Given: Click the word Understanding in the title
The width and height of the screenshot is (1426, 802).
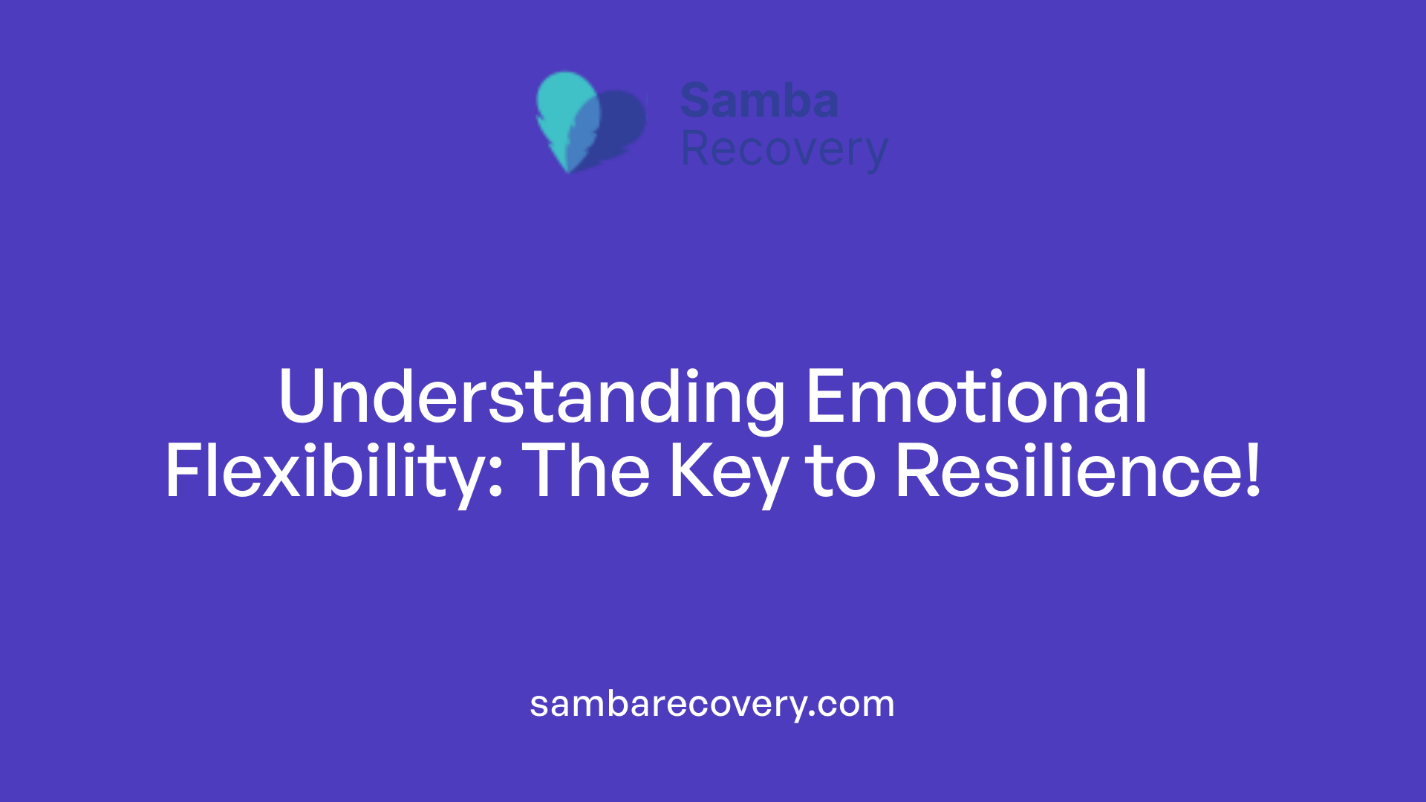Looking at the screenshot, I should coord(530,398).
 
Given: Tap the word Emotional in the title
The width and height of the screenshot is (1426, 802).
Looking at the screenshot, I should coord(976,398).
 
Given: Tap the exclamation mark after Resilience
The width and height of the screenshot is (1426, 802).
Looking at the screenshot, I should coord(1253,471).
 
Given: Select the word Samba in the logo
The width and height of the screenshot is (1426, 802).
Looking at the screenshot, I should coord(759,100).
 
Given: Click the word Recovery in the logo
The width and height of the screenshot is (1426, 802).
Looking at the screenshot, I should coord(784,150).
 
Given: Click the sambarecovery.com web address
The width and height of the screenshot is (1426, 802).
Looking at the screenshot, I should coord(712,704).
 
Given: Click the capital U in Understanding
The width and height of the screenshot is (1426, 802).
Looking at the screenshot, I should coord(302,398).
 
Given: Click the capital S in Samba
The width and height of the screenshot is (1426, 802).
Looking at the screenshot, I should coord(696,100).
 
